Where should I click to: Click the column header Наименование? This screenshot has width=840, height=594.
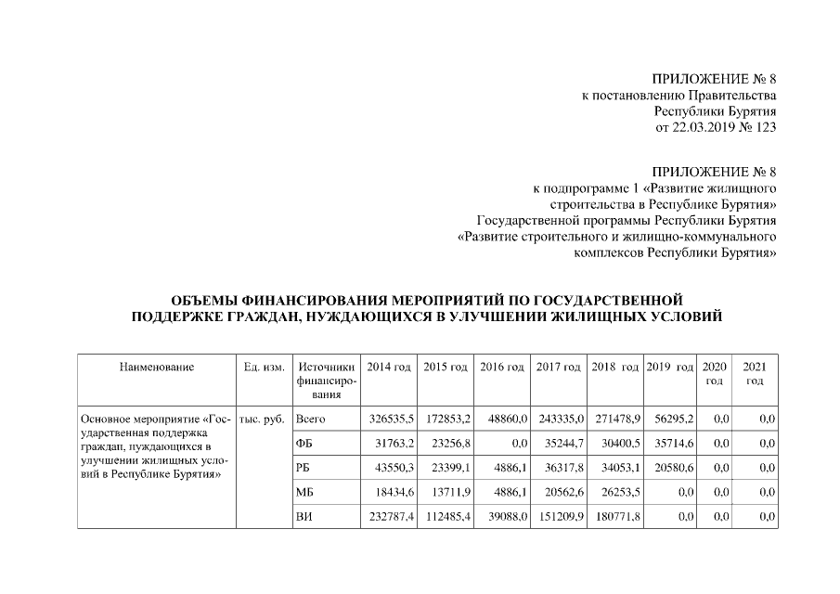[156, 368]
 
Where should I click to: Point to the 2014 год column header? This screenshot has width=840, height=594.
[389, 368]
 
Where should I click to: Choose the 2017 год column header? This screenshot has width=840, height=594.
[558, 368]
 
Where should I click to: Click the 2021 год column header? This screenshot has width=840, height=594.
[755, 374]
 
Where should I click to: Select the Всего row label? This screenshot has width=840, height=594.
[310, 420]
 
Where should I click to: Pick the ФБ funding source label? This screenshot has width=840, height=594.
[304, 444]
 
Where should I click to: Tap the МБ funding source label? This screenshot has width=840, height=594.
[304, 492]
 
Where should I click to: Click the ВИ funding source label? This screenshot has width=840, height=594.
[304, 516]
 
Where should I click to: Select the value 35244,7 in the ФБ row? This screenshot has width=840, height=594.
[561, 444]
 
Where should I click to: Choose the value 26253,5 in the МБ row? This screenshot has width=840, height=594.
[617, 492]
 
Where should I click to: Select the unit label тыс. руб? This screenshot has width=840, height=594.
[262, 420]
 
